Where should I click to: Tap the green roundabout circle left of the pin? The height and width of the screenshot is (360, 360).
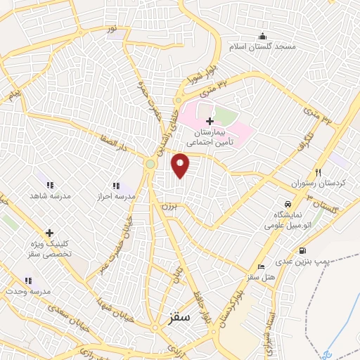[150, 165]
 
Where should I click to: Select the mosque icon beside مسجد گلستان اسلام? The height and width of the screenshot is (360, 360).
[263, 37]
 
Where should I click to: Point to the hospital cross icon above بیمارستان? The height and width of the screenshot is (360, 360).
[210, 121]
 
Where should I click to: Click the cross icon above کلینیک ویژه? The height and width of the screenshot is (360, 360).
[49, 233]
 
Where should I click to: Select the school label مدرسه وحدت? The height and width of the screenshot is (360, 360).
[28, 290]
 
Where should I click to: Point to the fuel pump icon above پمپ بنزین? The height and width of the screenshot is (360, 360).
[302, 250]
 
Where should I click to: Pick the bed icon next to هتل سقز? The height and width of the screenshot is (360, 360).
[262, 267]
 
